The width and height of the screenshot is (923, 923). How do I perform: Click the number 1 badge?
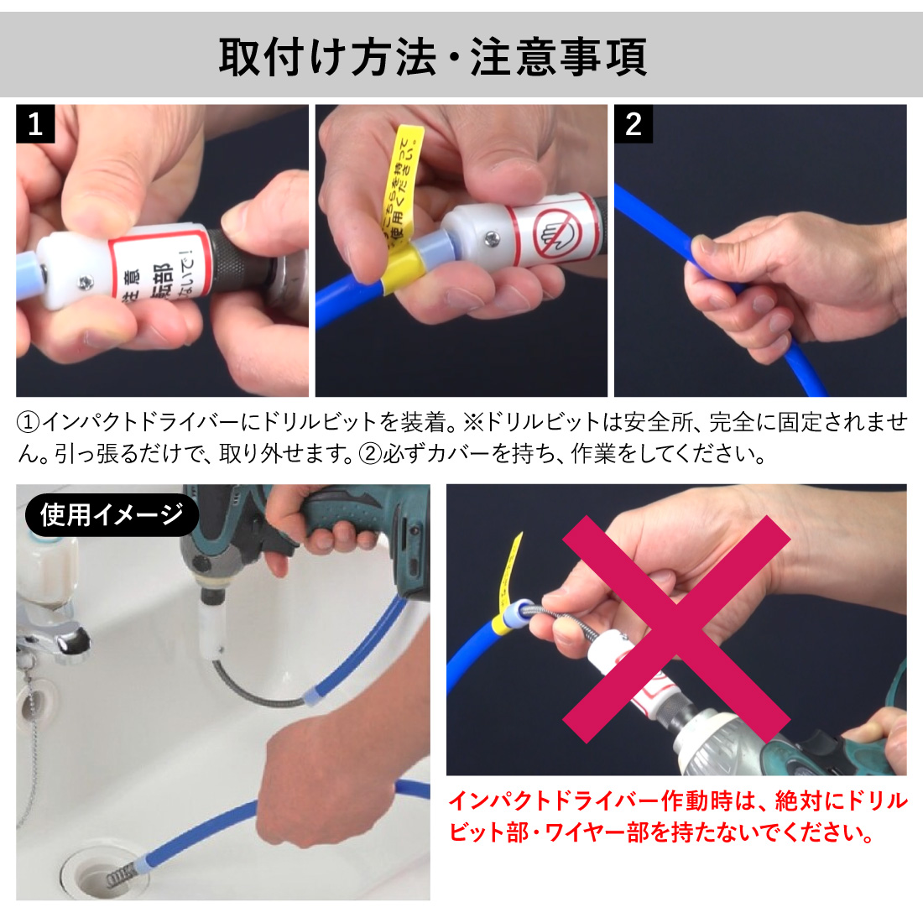[35, 124]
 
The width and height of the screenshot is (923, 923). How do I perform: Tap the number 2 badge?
[634, 124]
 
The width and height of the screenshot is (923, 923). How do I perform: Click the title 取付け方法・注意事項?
[432, 57]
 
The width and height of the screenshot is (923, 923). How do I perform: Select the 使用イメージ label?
[111, 514]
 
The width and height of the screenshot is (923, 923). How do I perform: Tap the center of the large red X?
[675, 629]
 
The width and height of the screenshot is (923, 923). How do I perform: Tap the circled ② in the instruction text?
[370, 454]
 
